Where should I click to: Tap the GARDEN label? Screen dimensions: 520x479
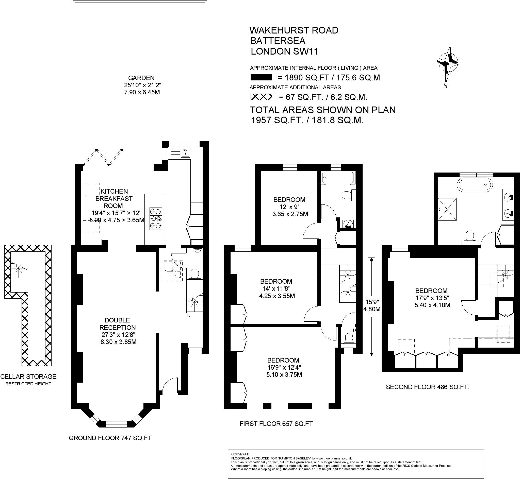[141, 78]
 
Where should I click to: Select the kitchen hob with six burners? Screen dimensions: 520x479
[156, 218]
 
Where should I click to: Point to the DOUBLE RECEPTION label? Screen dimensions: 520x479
[118, 324]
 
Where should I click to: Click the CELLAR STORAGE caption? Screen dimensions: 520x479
[28, 376]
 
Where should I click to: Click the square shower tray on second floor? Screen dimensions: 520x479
[447, 209]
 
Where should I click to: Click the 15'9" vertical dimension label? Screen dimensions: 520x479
[372, 302]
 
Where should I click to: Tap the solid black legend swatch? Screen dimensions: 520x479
[261, 77]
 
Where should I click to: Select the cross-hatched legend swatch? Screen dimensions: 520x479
[261, 97]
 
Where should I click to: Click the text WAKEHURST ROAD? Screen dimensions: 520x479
[294, 30]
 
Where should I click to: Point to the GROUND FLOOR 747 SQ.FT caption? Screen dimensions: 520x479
[110, 438]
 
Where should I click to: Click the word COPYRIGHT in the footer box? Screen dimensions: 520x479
[241, 454]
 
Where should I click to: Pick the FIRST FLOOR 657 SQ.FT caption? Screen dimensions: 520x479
[276, 424]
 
